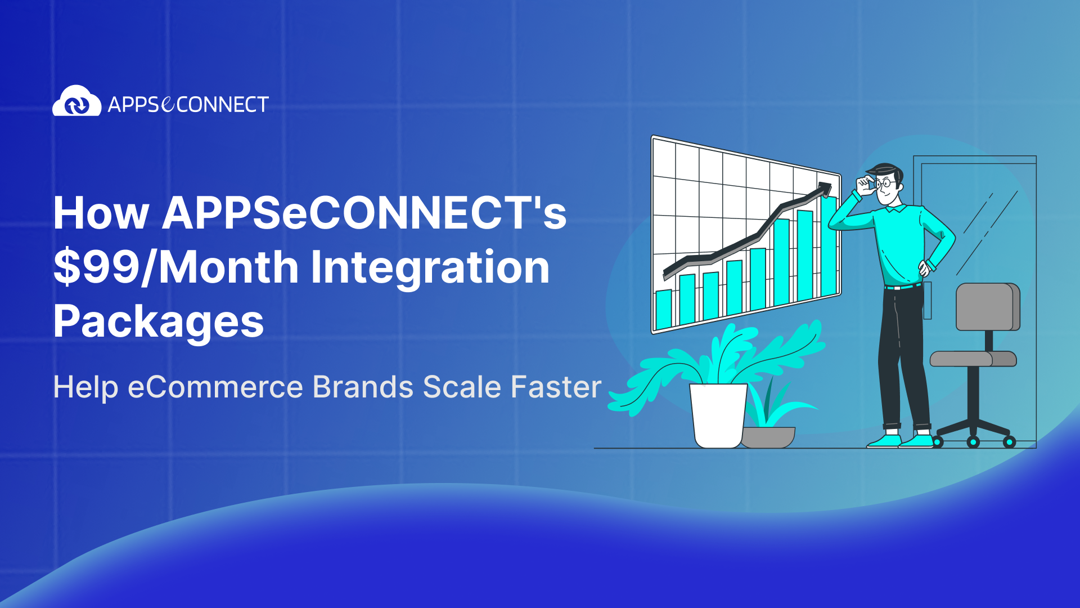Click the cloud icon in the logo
pyautogui.click(x=76, y=102)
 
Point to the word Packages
pyautogui.click(x=158, y=321)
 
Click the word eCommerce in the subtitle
pyautogui.click(x=215, y=387)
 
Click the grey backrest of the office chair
pyautogui.click(x=987, y=307)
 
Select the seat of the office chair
pyautogui.click(x=973, y=359)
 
